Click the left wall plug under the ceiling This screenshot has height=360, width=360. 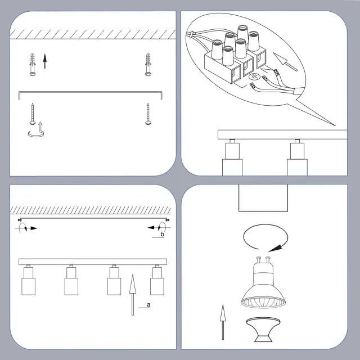(x=33, y=65)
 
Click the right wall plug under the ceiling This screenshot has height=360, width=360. (x=148, y=65)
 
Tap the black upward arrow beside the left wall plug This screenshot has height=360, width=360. (x=45, y=61)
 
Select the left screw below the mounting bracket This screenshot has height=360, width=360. (x=33, y=114)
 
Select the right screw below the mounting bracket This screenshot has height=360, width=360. (x=148, y=114)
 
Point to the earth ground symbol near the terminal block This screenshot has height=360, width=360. (x=254, y=77)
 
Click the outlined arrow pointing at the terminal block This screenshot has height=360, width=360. (x=285, y=61)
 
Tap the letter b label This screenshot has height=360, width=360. (x=163, y=234)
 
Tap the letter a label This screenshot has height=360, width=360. (x=148, y=305)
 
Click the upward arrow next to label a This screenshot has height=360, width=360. (x=133, y=295)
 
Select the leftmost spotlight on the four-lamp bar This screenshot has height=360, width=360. (x=29, y=280)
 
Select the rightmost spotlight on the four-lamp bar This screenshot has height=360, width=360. (x=157, y=280)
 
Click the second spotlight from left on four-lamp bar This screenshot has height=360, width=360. (x=71, y=280)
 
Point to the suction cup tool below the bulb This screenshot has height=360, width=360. (x=263, y=330)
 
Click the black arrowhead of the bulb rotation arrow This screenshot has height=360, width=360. (x=275, y=248)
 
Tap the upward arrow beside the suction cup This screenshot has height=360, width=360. (x=223, y=322)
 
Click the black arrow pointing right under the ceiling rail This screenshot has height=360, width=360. (x=34, y=228)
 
